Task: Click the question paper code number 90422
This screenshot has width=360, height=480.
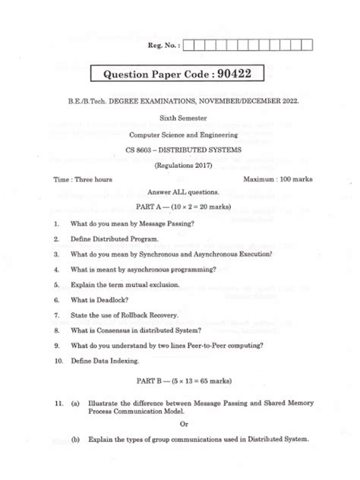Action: coord(250,74)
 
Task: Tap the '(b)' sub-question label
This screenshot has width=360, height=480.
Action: coord(75,440)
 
